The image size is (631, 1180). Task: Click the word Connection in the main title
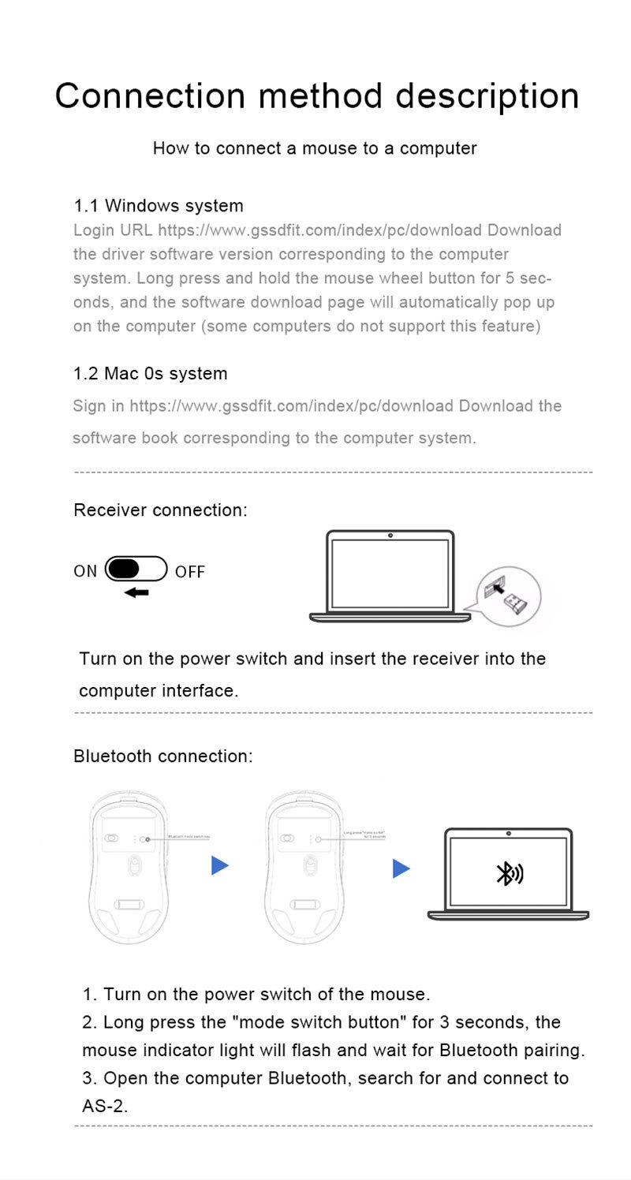click(x=150, y=96)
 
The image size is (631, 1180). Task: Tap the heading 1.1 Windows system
click(x=159, y=206)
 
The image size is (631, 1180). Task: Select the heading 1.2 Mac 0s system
click(x=150, y=374)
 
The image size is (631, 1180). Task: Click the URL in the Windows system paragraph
click(x=319, y=230)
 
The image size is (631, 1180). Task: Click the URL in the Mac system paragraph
click(x=292, y=406)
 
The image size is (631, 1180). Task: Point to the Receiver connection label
click(x=160, y=510)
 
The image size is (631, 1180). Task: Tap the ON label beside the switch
click(x=85, y=571)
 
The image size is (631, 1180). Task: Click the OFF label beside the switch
click(x=190, y=572)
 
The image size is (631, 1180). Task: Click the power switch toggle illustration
click(x=136, y=569)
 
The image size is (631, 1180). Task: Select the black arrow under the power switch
click(x=136, y=592)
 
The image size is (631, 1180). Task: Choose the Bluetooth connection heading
click(x=163, y=756)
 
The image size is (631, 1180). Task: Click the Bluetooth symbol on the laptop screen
click(x=509, y=872)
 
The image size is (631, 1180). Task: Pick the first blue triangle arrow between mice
click(x=220, y=866)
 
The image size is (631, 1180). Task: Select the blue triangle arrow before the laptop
click(x=401, y=869)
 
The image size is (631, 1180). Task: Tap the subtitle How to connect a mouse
click(x=315, y=148)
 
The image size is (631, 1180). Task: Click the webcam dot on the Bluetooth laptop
click(x=509, y=834)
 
